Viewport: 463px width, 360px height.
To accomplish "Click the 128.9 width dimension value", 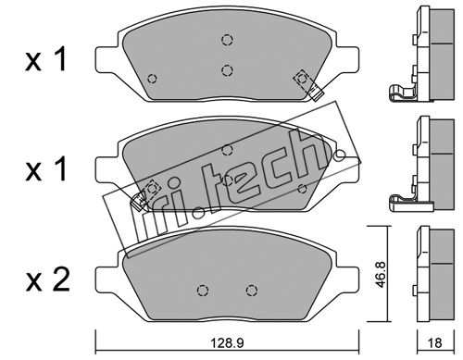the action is (227, 342).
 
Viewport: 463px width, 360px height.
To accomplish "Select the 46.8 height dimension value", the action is (381, 275).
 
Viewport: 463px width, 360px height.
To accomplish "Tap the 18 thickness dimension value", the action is (435, 342).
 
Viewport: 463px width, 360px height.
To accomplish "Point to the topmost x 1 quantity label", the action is (46, 59).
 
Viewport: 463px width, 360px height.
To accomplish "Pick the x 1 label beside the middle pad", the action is (46, 169).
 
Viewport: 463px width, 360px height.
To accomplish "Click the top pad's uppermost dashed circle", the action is (227, 40).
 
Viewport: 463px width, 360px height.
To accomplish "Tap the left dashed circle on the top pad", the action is (152, 79).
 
